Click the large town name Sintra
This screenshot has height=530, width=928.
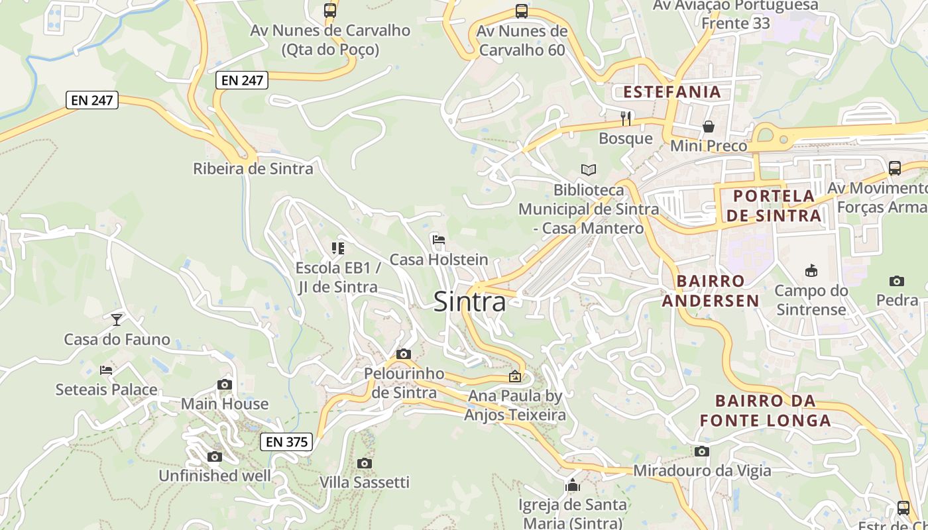[469, 302]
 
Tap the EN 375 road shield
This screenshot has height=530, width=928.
[286, 442]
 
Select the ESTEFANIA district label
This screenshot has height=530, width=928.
[672, 91]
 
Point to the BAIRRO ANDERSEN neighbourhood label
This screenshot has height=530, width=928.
[711, 291]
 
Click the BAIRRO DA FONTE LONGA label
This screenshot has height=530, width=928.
[766, 411]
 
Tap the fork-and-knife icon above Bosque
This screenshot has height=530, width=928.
[626, 119]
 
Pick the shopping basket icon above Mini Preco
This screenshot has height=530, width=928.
[709, 126]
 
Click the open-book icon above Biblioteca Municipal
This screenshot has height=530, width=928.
[588, 170]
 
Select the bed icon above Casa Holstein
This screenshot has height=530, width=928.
[438, 240]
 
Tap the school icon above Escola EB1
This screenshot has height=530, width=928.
[338, 248]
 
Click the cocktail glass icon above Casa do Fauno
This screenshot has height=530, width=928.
[117, 319]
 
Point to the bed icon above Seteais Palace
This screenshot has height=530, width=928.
[106, 370]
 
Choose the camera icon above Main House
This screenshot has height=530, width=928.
[225, 384]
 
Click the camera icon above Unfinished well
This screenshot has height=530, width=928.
[214, 456]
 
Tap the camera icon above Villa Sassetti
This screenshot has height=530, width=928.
[364, 463]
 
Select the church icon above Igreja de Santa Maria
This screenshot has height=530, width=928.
[573, 485]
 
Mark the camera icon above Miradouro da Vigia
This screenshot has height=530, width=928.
[702, 452]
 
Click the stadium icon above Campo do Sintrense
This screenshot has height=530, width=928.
[811, 270]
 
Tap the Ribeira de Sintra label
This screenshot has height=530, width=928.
[253, 169]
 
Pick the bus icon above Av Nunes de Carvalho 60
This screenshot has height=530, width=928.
[522, 11]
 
